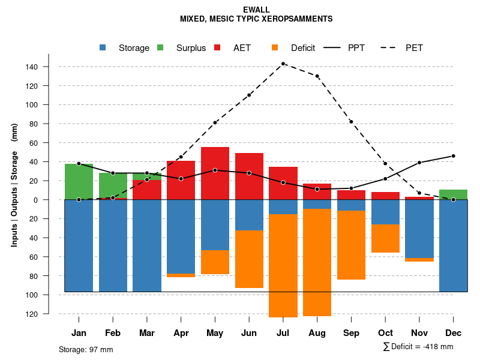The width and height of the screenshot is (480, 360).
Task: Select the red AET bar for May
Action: (215, 173)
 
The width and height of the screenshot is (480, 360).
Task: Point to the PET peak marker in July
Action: (283, 64)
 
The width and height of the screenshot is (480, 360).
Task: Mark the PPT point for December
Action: (453, 156)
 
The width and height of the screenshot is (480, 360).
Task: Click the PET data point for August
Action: (317, 76)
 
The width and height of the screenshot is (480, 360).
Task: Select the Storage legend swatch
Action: (103, 48)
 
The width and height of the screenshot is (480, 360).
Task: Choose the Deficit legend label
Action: (303, 48)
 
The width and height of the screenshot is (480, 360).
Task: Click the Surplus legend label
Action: (191, 48)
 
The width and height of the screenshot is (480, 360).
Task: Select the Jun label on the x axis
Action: (249, 333)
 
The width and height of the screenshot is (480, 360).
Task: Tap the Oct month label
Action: (385, 333)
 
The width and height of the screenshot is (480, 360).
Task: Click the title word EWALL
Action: (256, 10)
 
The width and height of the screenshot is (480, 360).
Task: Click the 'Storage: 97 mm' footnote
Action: (86, 349)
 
